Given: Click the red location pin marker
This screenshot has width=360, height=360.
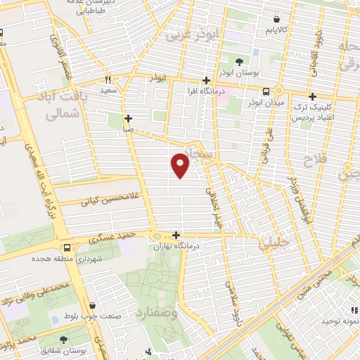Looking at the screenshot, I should pos(181,166).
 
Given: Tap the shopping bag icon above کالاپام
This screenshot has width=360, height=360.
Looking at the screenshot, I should pos(275,20).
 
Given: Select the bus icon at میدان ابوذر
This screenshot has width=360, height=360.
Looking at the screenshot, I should pos(266,91).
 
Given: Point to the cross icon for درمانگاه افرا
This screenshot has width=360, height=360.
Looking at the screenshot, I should pos(206,80).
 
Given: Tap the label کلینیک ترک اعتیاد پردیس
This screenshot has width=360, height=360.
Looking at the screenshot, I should pos(313,114).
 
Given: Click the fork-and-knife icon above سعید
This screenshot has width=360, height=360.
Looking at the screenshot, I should pos(108,79).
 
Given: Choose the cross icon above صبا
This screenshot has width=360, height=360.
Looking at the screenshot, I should pos(127,118).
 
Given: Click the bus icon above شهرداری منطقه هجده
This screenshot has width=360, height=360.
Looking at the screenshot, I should pos(67,247).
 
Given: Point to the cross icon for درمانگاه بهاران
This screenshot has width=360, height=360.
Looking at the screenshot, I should pos(175,236).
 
